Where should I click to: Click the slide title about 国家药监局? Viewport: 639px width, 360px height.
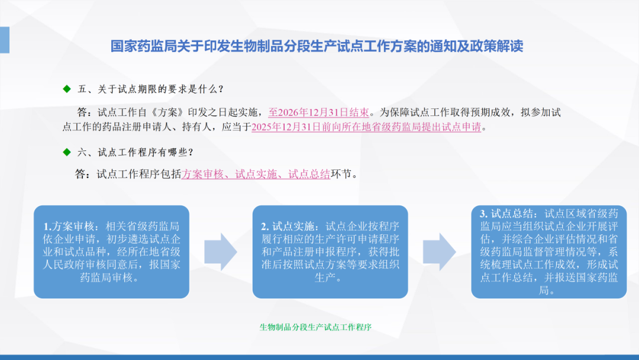(317, 46)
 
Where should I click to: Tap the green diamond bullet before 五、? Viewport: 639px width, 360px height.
(67, 89)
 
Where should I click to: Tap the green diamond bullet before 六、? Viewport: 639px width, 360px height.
(67, 152)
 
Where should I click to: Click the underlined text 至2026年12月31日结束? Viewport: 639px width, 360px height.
(318, 112)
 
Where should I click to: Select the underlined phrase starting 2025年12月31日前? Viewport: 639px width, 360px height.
(366, 127)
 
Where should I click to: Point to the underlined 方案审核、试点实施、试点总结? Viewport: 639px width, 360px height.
(256, 174)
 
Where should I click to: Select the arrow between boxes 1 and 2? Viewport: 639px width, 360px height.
(221, 252)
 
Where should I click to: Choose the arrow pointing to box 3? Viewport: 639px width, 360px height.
(439, 252)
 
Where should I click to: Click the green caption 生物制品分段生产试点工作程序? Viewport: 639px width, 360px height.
(315, 327)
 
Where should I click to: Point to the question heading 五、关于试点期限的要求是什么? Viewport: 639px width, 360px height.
(150, 89)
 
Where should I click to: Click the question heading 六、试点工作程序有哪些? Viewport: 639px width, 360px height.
(135, 152)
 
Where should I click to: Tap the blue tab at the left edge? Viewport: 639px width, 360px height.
(5, 40)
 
